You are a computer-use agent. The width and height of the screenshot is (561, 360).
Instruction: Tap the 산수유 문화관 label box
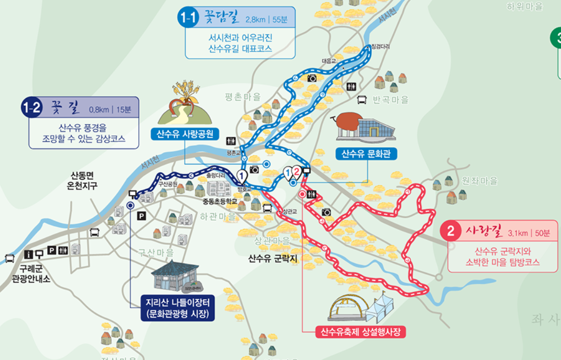[367, 153]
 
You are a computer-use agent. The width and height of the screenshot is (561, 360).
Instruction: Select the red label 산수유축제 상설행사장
[362, 332]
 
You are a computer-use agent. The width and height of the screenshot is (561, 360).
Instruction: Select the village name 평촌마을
[243, 97]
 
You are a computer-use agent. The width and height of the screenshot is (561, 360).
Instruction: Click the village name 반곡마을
[390, 100]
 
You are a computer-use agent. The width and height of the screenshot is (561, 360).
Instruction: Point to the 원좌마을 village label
[479, 181]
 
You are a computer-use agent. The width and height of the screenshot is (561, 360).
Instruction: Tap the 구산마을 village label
[156, 252]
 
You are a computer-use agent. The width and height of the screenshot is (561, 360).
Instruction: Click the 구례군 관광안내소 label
[31, 273]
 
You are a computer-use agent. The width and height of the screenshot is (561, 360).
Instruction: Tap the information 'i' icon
[29, 255]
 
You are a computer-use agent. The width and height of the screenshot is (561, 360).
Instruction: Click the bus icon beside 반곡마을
[362, 100]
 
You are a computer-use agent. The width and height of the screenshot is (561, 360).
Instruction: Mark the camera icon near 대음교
[312, 78]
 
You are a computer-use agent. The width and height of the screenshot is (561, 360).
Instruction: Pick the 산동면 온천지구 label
[84, 180]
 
